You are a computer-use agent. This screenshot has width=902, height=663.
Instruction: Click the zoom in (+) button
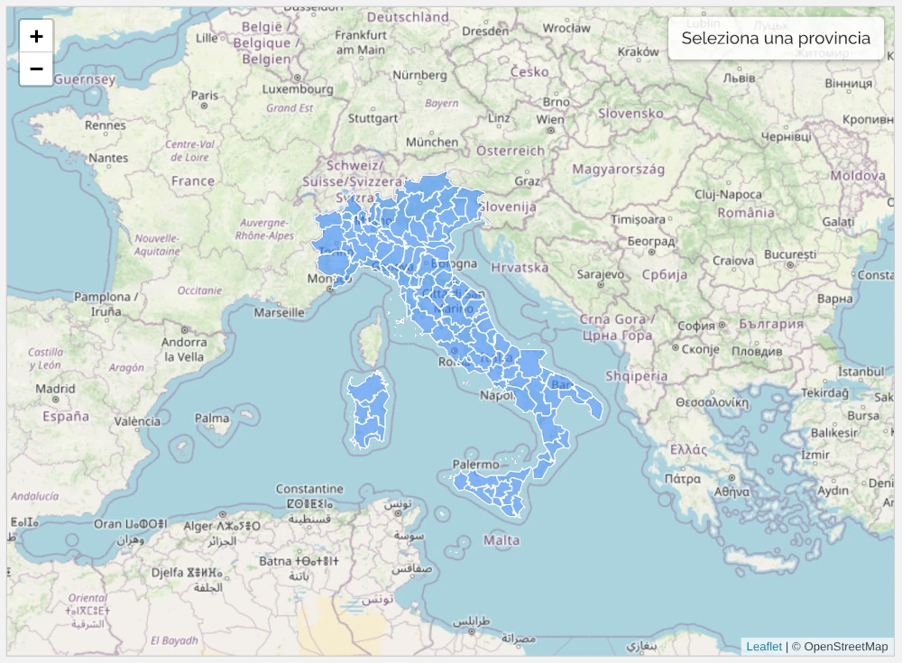coord(36,36)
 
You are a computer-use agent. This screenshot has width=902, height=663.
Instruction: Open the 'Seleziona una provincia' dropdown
coord(776,38)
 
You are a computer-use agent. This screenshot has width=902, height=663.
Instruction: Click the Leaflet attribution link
coord(764,646)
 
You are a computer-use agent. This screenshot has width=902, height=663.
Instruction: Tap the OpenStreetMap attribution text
coord(845,646)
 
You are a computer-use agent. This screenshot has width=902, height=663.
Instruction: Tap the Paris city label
coord(205,95)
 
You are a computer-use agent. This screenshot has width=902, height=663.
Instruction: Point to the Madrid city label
coord(55,389)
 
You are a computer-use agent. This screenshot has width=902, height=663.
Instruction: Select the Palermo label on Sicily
coord(475,465)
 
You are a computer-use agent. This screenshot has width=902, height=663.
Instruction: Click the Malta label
coord(502,540)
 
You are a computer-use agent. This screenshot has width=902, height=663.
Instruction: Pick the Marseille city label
coord(280,313)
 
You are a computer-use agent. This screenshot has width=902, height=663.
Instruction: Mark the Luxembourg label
coord(298,89)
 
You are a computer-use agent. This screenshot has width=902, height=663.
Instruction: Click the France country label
coord(193,180)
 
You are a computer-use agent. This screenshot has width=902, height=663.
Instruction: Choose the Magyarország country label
coord(618,169)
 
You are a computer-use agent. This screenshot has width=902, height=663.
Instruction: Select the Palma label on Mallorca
coord(212,418)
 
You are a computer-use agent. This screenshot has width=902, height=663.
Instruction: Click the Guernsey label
coord(85,79)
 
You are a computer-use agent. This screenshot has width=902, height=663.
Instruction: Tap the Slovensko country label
coord(630,114)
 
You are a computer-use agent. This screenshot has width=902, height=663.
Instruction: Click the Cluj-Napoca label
coord(728,194)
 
